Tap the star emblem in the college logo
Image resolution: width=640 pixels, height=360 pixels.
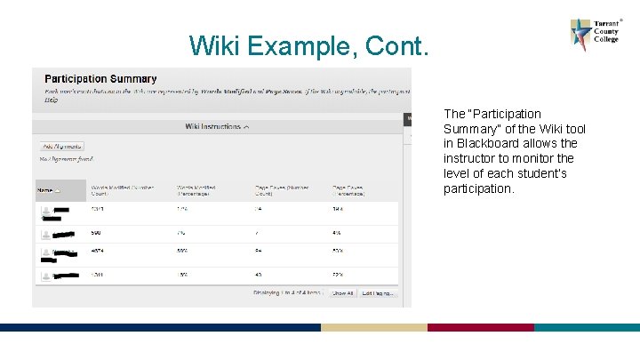[581, 35]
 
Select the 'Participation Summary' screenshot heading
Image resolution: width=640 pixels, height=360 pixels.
[100, 79]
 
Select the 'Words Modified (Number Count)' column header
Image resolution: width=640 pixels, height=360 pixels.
[123, 190]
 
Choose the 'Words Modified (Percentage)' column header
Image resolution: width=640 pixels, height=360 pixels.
[197, 190]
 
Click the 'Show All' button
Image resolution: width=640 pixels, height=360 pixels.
[343, 292]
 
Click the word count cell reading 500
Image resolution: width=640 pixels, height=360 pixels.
[96, 233]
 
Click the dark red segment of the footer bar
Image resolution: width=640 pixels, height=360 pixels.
[480, 327]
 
